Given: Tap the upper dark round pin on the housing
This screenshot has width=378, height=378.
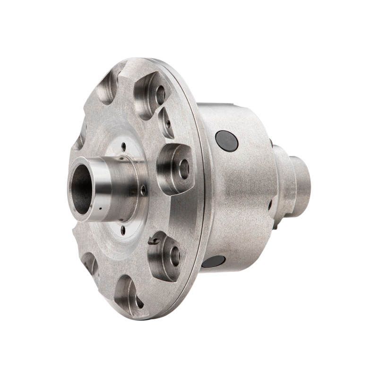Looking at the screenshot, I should click(226, 140).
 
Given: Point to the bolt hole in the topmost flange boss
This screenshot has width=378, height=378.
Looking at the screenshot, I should click(160, 94).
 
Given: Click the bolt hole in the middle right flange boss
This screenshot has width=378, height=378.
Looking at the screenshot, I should click(183, 169).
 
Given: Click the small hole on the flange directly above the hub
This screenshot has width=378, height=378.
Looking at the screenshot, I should click(124, 146).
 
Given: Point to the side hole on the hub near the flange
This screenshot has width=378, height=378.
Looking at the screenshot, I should click(143, 190).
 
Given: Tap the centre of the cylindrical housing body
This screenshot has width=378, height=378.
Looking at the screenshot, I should click(241, 189).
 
